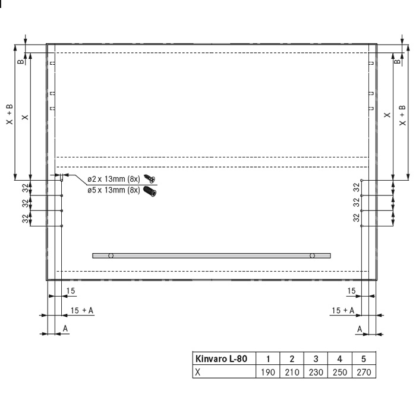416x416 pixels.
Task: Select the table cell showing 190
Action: point(267,372)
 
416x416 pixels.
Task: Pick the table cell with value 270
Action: point(364,372)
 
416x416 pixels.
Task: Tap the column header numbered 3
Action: point(316,359)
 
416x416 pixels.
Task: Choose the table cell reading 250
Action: point(340,372)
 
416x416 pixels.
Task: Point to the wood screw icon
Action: point(149,179)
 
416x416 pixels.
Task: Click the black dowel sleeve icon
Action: point(150,191)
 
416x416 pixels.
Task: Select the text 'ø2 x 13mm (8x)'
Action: point(114,179)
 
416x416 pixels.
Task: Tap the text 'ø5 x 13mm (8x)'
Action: point(114,190)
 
